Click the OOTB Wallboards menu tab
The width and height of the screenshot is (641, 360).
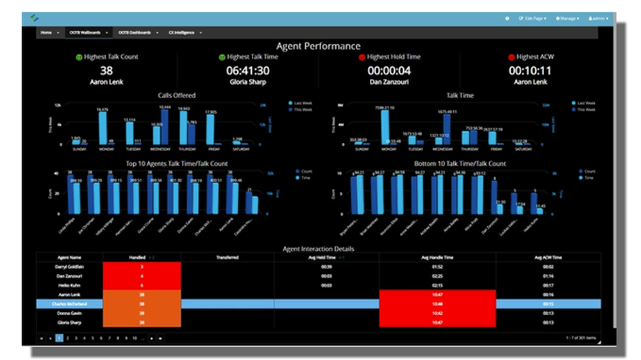tap(86, 32)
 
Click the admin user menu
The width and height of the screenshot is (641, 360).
tap(598, 19)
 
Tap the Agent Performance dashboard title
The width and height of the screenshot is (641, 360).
tap(318, 45)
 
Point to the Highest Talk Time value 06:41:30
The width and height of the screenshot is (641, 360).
tap(247, 71)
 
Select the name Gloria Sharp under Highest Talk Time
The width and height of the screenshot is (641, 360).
tap(247, 82)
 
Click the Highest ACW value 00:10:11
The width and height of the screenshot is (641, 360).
tap(530, 71)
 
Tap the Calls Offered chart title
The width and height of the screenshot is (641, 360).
tap(177, 95)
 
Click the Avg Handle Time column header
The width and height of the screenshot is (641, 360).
tap(437, 258)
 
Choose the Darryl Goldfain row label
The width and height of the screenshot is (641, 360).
tap(70, 266)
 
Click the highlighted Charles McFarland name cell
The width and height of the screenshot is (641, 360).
tap(70, 304)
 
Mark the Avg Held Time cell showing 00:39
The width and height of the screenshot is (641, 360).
tap(326, 266)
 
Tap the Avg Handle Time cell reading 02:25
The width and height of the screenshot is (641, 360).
tap(437, 275)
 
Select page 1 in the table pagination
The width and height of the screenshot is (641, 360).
tap(59, 337)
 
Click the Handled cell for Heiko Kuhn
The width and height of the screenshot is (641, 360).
tap(141, 285)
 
